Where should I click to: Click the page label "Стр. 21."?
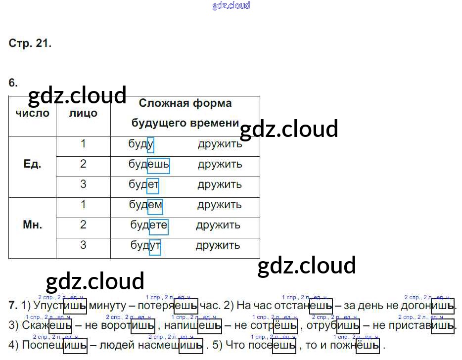tap(30, 43)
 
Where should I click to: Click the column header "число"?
tap(33, 113)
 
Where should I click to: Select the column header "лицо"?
tap(83, 113)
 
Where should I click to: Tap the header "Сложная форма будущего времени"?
tap(185, 113)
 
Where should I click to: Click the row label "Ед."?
tap(32, 164)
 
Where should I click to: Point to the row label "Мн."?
tap(33, 225)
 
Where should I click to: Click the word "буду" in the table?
tap(141, 144)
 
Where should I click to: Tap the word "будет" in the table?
tap(143, 184)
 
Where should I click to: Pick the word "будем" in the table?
tap(145, 205)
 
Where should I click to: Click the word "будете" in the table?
tap(149, 225)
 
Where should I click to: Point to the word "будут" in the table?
tap(145, 245)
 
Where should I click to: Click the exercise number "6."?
tap(13, 83)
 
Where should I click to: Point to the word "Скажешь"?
tap(47, 325)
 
